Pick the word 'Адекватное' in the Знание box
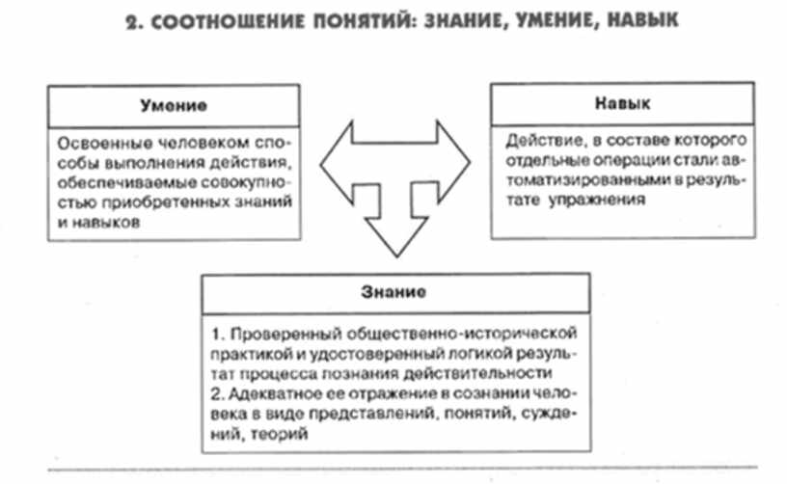[x=263, y=393]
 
